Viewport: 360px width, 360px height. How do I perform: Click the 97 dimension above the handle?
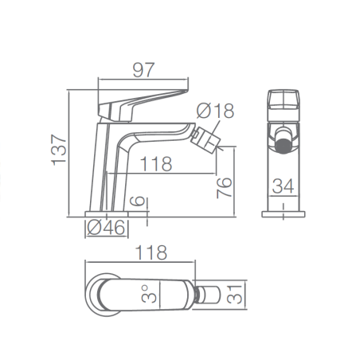[x=143, y=70]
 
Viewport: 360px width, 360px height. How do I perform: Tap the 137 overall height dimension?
[x=59, y=150]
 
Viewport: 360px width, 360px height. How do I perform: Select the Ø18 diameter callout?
[x=215, y=111]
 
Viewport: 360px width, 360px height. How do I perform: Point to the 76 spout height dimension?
[x=225, y=188]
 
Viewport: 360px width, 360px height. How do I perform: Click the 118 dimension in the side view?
[x=156, y=164]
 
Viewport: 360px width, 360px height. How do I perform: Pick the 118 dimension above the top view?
[x=151, y=252]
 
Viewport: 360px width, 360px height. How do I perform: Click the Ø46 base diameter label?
[x=106, y=228]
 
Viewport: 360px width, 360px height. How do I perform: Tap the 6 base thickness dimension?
[x=138, y=202]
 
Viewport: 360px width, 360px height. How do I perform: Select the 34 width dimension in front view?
[x=284, y=186]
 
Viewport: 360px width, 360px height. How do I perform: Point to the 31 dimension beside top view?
[x=235, y=295]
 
